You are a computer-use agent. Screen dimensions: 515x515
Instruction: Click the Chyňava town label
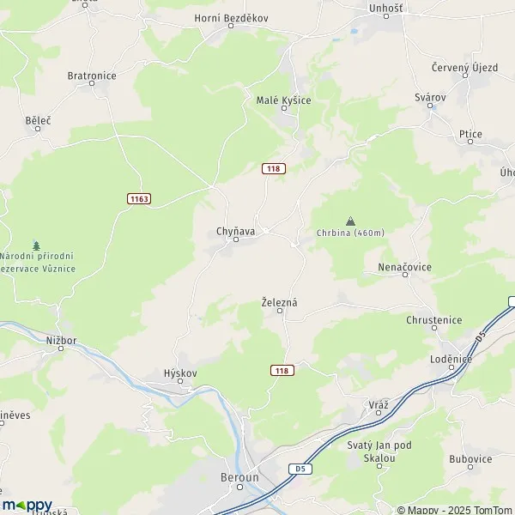pyautogui.click(x=234, y=231)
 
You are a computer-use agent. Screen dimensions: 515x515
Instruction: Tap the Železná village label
pyautogui.click(x=280, y=302)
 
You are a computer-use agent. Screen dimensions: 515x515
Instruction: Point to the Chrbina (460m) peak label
pyautogui.click(x=349, y=233)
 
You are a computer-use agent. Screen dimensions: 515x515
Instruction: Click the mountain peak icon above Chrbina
pyautogui.click(x=349, y=220)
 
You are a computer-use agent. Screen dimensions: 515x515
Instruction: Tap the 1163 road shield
pyautogui.click(x=139, y=198)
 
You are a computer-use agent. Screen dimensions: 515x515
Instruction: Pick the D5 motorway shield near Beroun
pyautogui.click(x=298, y=469)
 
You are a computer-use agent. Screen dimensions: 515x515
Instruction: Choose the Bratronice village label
pyautogui.click(x=92, y=76)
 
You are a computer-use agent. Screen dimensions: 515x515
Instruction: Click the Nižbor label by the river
pyautogui.click(x=62, y=340)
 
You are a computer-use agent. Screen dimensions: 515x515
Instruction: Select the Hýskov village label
pyautogui.click(x=180, y=373)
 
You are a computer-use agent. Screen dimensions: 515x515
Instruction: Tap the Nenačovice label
pyautogui.click(x=404, y=268)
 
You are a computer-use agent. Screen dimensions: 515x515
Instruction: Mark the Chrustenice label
pyautogui.click(x=433, y=320)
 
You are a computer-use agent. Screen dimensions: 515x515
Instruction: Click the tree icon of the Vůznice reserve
pyautogui.click(x=36, y=245)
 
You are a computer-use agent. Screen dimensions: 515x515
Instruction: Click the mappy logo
pyautogui.click(x=27, y=505)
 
